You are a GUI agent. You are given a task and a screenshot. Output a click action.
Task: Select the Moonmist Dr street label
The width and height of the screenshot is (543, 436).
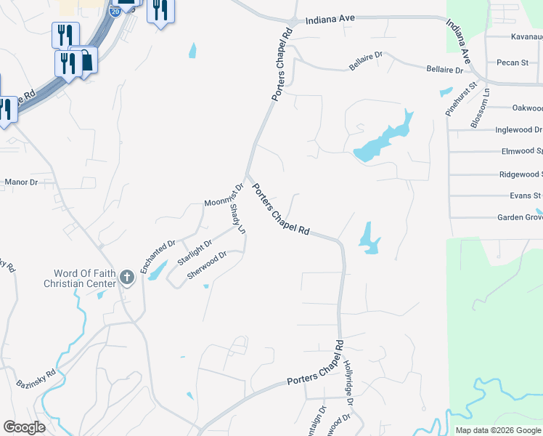coord(223,196)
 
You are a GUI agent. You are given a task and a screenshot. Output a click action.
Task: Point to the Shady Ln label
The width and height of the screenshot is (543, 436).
coord(237,219)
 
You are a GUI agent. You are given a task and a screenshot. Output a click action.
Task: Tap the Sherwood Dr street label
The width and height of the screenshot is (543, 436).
coord(208,265)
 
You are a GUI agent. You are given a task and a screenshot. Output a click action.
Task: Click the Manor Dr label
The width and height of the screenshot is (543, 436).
coord(21,182)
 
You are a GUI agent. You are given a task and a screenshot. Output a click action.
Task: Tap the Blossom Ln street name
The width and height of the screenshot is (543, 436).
coord(480,108)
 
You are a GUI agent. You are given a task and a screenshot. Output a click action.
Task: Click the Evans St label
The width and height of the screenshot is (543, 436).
coord(526,195)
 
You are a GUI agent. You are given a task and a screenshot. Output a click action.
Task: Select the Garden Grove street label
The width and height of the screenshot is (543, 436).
coord(520,217)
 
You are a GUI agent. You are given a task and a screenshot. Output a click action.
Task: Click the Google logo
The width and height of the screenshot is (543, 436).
coord(24,427)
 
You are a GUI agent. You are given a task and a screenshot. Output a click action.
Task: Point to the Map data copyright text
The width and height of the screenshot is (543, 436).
coord(497,430)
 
